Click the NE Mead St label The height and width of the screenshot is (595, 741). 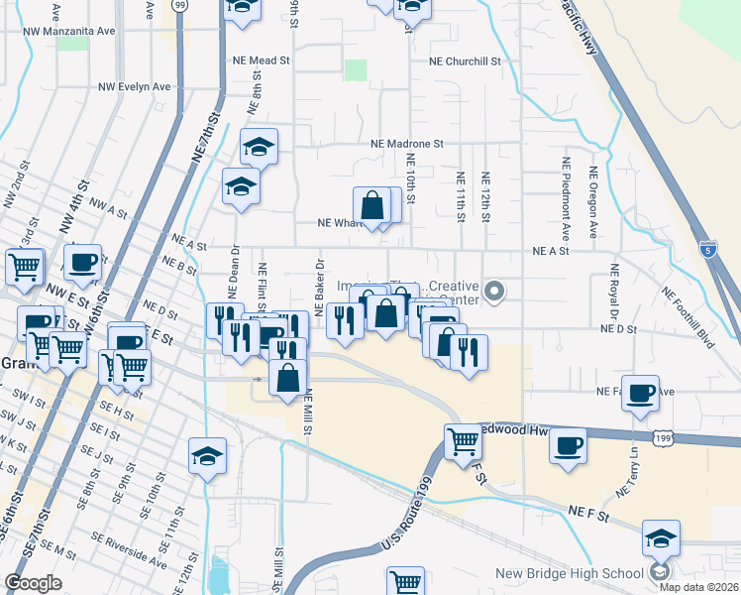255,60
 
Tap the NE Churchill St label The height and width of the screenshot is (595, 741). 466,60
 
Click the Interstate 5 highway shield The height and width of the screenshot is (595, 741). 706,247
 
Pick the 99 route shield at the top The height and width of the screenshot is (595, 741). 179,5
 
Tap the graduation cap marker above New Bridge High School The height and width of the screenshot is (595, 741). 660,538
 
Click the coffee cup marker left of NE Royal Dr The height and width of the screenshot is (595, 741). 640,393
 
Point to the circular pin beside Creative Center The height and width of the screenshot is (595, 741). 496,291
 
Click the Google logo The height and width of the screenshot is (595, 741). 33,583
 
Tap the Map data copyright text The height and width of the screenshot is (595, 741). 697,587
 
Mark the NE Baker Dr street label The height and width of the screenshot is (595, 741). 320,288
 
